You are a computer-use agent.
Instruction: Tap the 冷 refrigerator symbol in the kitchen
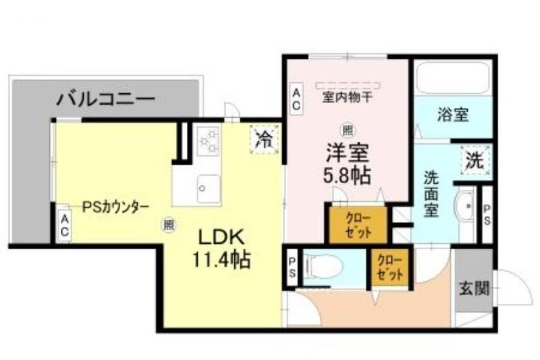tap(265, 140)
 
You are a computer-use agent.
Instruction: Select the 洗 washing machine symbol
tap(475, 160)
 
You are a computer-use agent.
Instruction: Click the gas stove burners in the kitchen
tap(209, 141)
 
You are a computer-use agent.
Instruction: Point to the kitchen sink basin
tap(208, 189)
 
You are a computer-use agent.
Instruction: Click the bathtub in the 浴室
tap(453, 78)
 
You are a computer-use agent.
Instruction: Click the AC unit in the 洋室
tap(296, 99)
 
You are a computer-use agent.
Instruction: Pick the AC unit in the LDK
tap(64, 225)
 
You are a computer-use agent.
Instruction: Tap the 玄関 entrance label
tap(475, 288)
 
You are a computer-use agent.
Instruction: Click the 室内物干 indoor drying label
tap(347, 97)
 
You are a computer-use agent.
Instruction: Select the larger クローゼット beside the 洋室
tap(358, 225)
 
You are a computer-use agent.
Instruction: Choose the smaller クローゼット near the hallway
tap(389, 267)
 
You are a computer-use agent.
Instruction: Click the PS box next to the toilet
tap(292, 268)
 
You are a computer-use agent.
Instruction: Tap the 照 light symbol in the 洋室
tap(347, 130)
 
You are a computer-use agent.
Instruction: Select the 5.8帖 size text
tap(347, 176)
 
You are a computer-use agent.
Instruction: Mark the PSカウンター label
tap(115, 207)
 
